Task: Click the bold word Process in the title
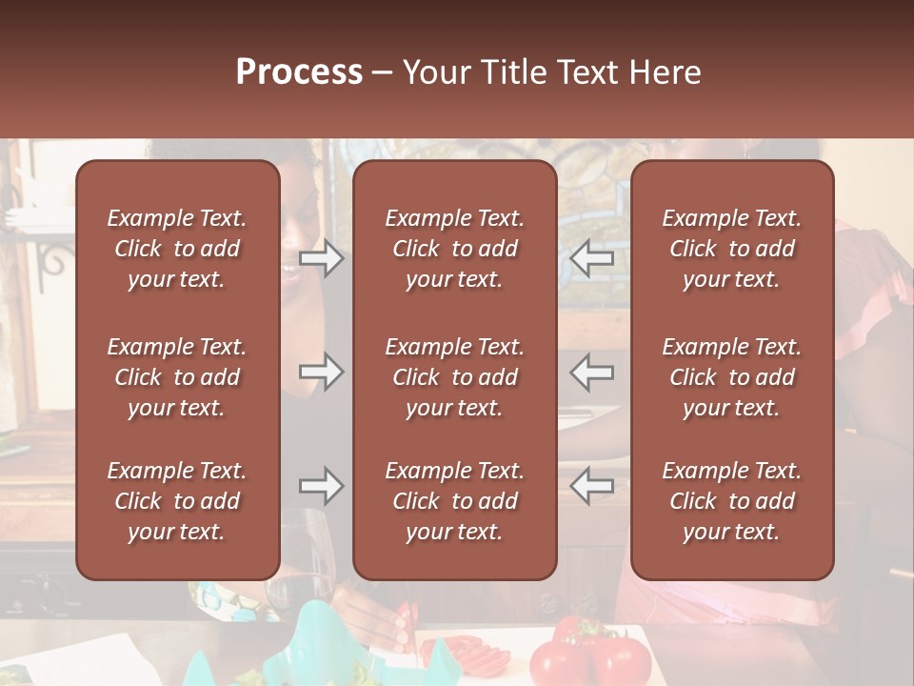pyautogui.click(x=299, y=72)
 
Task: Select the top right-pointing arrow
pyautogui.click(x=322, y=258)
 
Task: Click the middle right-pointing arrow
pyautogui.click(x=322, y=372)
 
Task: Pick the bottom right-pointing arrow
pyautogui.click(x=322, y=486)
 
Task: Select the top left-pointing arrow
pyautogui.click(x=591, y=258)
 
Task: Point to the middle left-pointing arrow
pyautogui.click(x=591, y=372)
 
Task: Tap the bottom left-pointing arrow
pyautogui.click(x=591, y=486)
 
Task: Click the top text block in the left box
pyautogui.click(x=177, y=249)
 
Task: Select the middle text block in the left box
pyautogui.click(x=177, y=377)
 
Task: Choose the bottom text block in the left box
pyautogui.click(x=177, y=501)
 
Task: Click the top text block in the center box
pyautogui.click(x=454, y=249)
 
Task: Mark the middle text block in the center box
pyautogui.click(x=454, y=377)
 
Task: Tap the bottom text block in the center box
pyautogui.click(x=454, y=501)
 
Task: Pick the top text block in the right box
pyautogui.click(x=732, y=249)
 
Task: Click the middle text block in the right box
pyautogui.click(x=732, y=377)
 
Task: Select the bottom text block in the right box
pyautogui.click(x=732, y=501)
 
